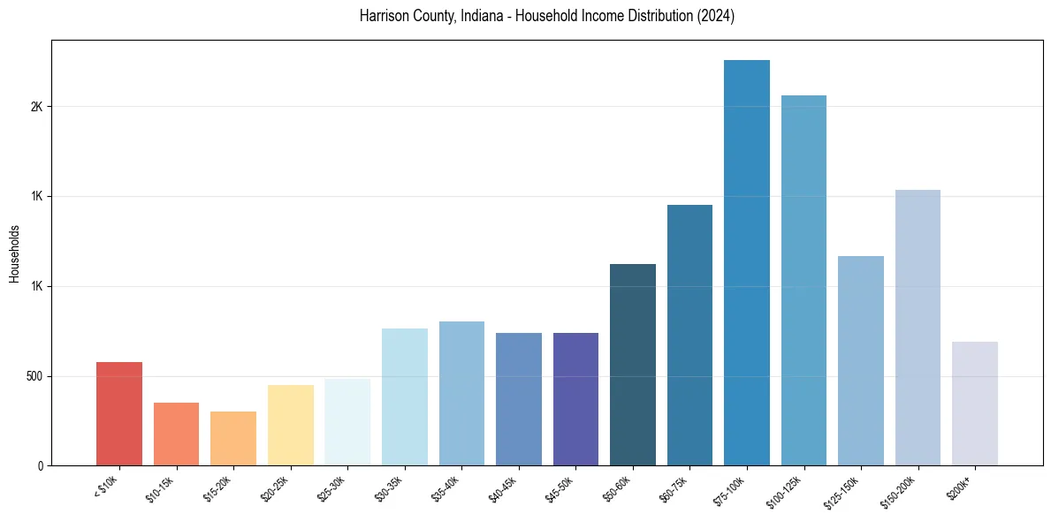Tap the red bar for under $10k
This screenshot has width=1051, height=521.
click(x=119, y=414)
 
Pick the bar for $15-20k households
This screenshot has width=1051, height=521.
click(x=233, y=439)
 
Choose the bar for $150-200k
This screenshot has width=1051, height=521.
click(x=918, y=328)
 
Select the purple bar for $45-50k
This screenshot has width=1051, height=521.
click(x=575, y=399)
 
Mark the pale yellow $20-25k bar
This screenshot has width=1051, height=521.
click(x=290, y=426)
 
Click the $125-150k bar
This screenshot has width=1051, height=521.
click(x=860, y=361)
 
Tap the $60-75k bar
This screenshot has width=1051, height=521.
click(x=689, y=336)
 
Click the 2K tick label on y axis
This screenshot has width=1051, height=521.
click(x=35, y=107)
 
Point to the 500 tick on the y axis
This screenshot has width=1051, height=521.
click(x=34, y=376)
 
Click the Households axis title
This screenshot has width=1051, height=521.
click(x=14, y=253)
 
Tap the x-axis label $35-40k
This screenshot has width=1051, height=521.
click(x=446, y=488)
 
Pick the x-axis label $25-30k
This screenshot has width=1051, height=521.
click(x=332, y=488)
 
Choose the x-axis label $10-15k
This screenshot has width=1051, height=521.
click(x=161, y=488)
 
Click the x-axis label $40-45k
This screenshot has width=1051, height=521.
click(x=503, y=488)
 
